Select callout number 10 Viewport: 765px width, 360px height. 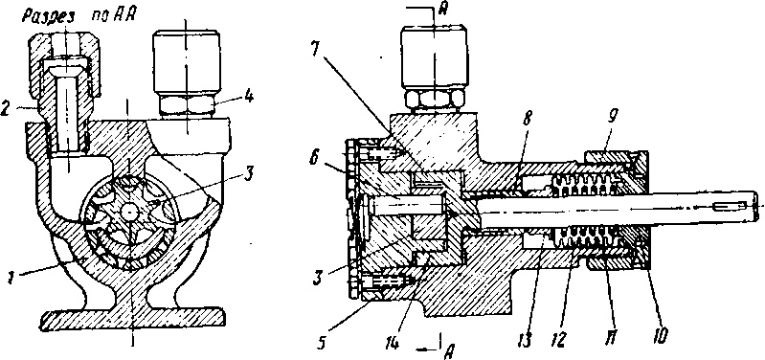point(661,334)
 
